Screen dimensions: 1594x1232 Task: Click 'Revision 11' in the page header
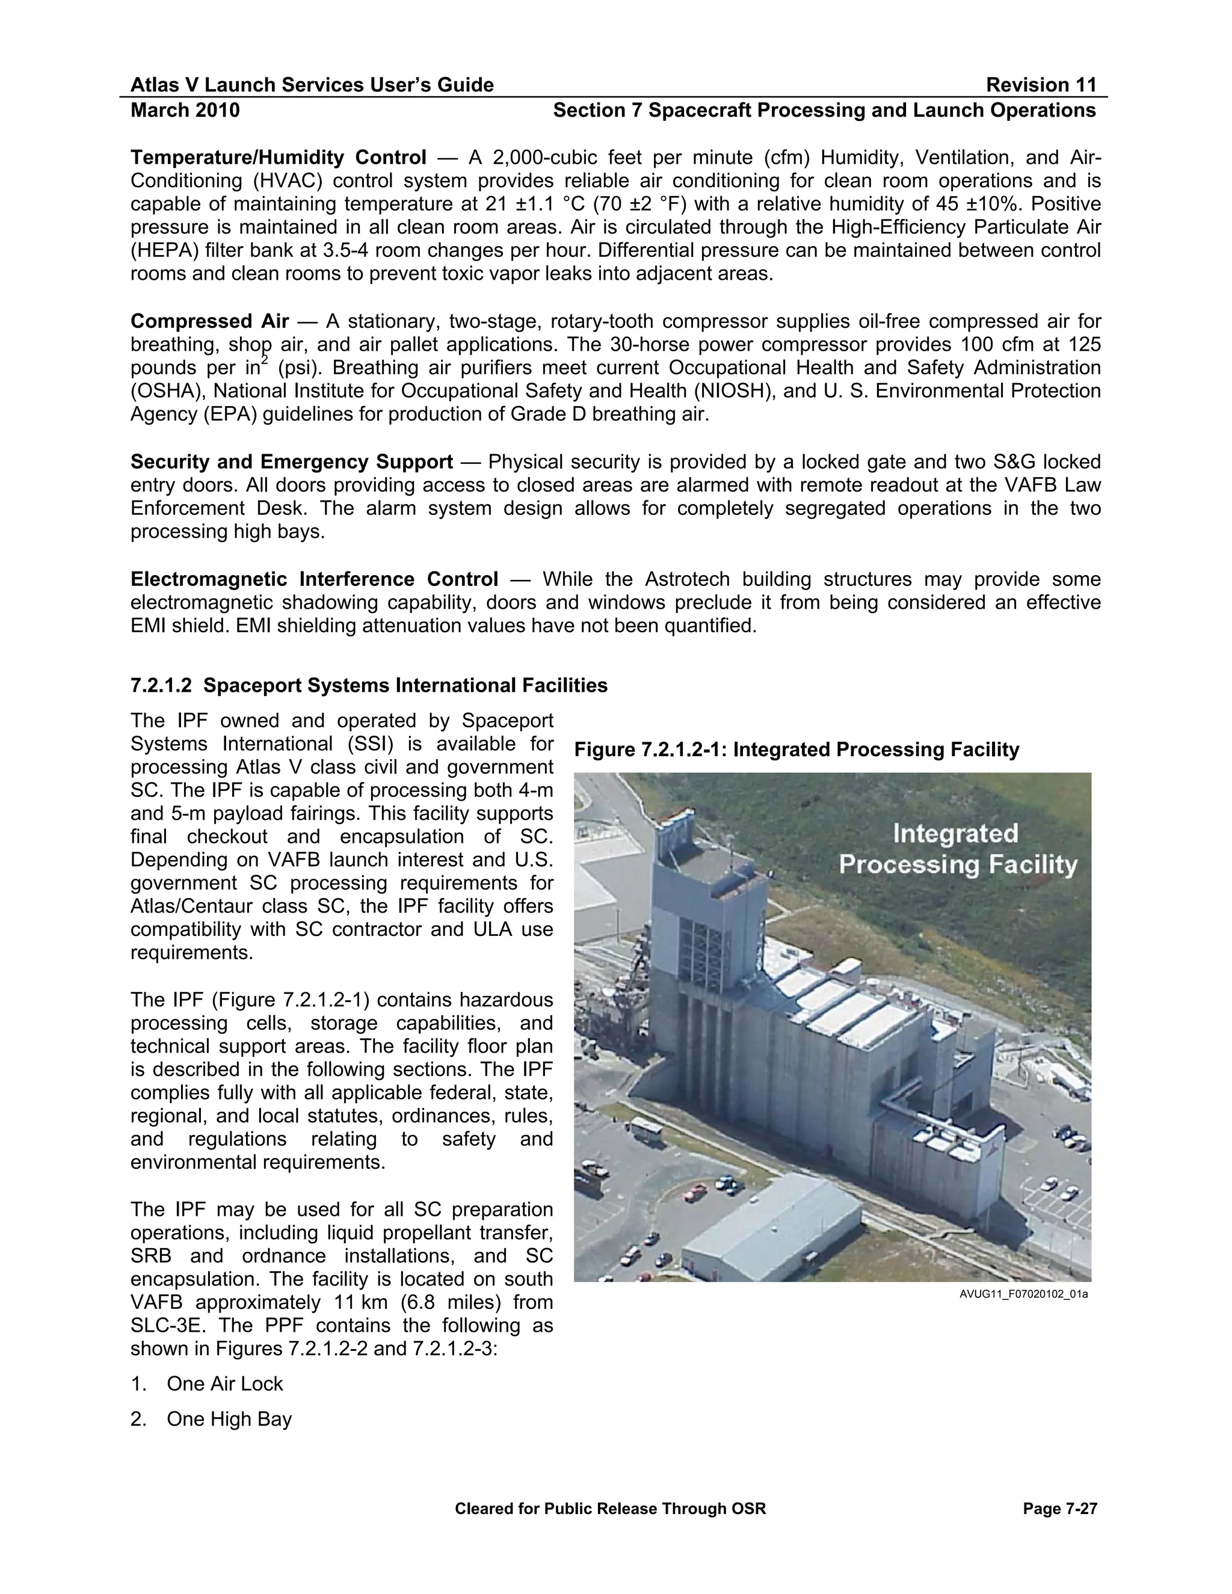point(1041,85)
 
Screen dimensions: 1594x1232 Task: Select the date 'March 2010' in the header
point(185,110)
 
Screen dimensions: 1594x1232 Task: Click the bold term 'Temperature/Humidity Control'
point(278,158)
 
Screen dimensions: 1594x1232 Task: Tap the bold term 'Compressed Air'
point(209,321)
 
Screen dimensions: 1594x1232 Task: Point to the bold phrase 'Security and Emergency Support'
point(291,462)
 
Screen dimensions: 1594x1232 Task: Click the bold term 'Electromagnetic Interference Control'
point(314,579)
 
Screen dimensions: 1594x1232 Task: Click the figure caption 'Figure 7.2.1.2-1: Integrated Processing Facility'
point(796,749)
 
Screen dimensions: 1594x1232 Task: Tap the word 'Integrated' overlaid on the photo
point(955,834)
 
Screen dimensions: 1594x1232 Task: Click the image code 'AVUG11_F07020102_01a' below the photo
point(1023,1295)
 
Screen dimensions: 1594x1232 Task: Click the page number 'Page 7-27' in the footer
point(1060,1509)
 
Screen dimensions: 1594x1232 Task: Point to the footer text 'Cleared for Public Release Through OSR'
point(610,1509)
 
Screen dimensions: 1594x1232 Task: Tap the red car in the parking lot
point(695,1193)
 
